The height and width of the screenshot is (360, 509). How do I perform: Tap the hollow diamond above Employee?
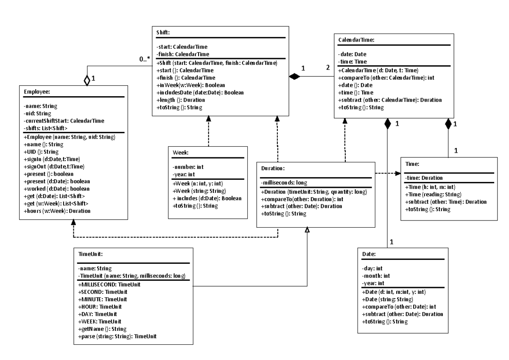coord(87,79)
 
